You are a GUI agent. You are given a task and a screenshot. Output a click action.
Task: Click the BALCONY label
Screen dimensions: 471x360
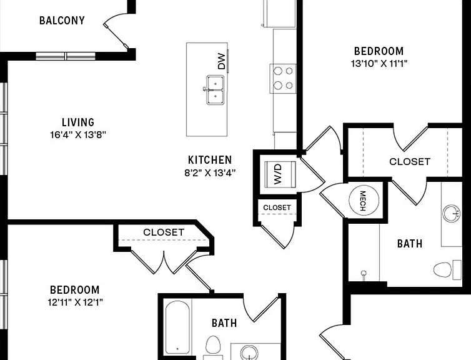coord(62,21)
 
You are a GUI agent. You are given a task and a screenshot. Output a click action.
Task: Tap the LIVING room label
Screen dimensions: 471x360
coord(78,122)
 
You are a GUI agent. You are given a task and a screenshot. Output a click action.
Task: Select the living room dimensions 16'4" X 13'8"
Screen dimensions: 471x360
coord(78,135)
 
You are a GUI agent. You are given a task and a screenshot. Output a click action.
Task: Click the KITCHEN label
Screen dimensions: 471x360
coord(210,159)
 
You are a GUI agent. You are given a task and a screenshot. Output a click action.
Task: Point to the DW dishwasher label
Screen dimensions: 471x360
coord(221,61)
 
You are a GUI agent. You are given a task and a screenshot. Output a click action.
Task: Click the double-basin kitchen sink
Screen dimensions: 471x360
coord(215,90)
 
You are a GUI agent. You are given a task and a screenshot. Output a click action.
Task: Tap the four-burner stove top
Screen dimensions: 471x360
coord(283,78)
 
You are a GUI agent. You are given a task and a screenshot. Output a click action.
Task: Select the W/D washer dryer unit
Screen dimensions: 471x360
coord(280,174)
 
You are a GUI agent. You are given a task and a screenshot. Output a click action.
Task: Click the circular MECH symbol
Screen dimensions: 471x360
coord(364,200)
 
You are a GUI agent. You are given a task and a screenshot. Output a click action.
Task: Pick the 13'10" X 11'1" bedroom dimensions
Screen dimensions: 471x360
coord(379,64)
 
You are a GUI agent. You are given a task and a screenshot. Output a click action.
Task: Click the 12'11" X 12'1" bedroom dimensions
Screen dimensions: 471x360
coord(76,302)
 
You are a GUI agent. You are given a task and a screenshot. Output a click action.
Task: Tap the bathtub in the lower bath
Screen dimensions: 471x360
coord(177,327)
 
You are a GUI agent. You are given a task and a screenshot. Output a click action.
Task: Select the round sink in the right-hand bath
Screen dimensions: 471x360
coord(452,213)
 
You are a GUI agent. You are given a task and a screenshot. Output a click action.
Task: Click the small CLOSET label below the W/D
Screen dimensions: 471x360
coord(277,207)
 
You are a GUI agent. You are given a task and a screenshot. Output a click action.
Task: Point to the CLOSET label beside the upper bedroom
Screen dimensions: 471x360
coord(410,162)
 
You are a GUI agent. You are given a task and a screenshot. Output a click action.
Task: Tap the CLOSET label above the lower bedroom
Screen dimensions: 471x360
coord(164,232)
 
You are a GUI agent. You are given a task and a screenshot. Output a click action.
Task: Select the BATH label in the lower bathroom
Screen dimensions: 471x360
coord(224,323)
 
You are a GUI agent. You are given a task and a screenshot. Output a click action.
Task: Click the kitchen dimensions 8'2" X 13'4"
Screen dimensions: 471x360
coord(210,172)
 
